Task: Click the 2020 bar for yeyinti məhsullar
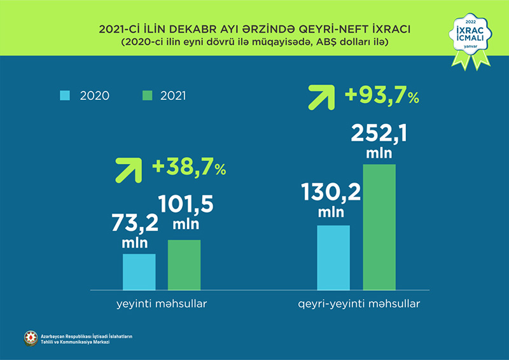tap(139, 272)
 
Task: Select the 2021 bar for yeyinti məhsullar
tap(184, 265)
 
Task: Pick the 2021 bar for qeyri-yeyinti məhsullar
tap(379, 227)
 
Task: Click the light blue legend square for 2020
tap(66, 95)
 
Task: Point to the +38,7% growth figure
tap(189, 169)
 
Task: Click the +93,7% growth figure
tap(382, 96)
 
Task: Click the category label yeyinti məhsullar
tap(161, 304)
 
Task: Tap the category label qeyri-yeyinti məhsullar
tap(359, 304)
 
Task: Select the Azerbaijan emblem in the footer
tap(31, 338)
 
